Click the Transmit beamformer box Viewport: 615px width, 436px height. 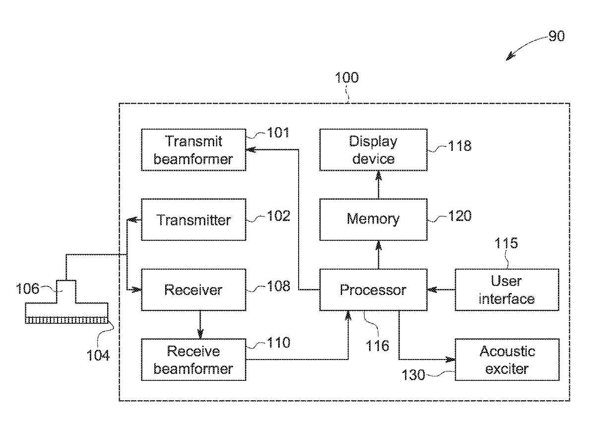coord(193,150)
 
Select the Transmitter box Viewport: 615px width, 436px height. coord(193,219)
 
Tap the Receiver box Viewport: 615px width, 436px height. coord(193,290)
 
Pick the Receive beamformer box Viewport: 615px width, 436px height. coord(193,360)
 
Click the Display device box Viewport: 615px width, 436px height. coord(373,150)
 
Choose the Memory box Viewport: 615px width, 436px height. coord(373,219)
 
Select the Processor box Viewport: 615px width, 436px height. coord(373,290)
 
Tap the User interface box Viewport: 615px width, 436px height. coord(507,290)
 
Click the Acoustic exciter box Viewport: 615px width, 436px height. coord(507,360)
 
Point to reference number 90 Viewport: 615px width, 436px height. coord(556,36)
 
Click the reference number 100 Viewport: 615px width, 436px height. coord(347,77)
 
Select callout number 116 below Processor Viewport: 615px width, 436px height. coord(377,346)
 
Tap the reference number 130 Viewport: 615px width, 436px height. coord(413,375)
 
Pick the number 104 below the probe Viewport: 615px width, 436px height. coord(98,355)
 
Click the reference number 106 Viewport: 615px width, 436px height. coord(27,289)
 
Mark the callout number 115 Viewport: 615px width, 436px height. coord(506,243)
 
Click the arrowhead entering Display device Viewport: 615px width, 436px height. coord(378,175)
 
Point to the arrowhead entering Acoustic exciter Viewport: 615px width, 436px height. coord(450,360)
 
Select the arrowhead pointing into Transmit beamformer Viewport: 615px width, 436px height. coord(251,149)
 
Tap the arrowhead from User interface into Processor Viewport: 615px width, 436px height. coord(432,290)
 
